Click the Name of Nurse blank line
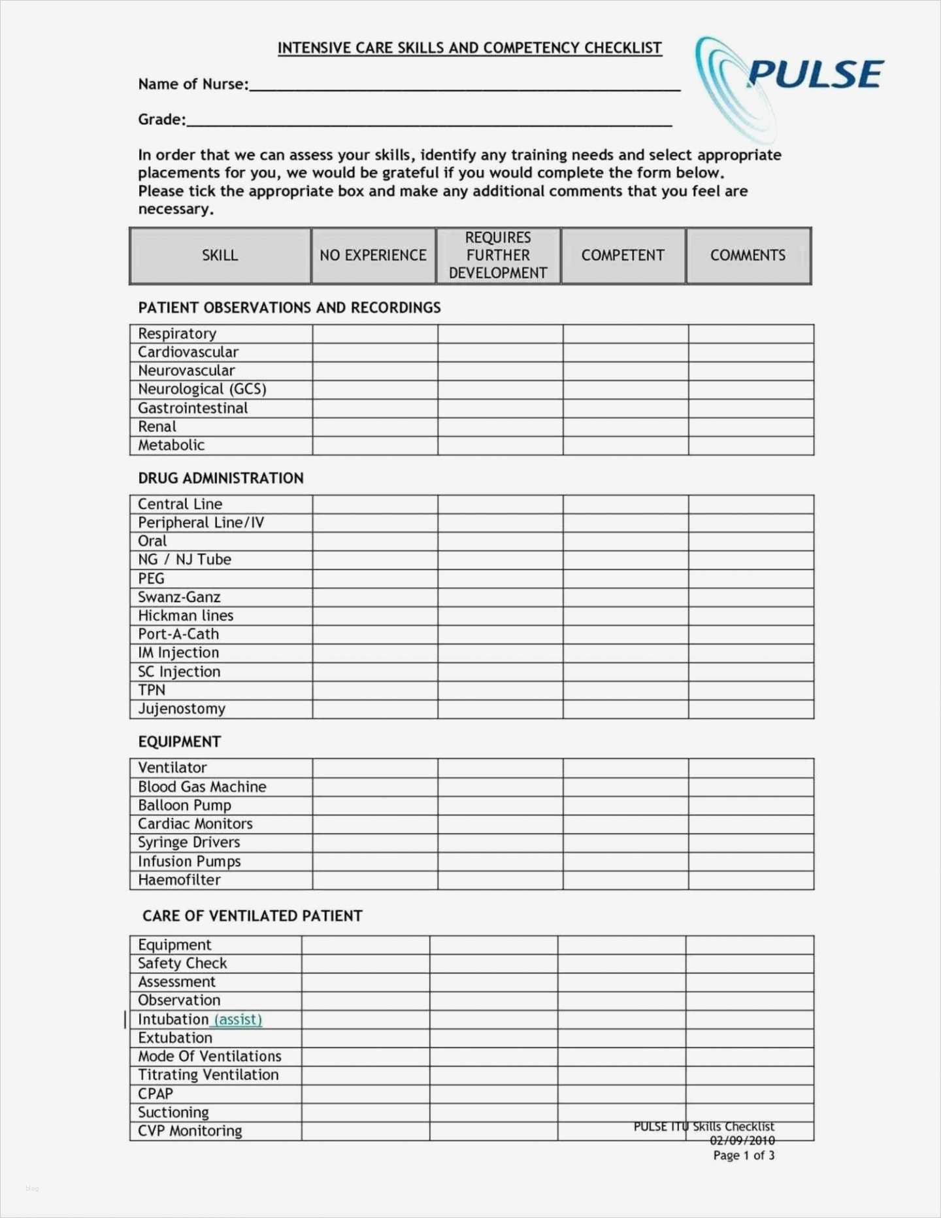click(x=464, y=86)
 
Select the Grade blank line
click(x=429, y=122)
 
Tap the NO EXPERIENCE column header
click(x=373, y=256)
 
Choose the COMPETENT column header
click(x=623, y=256)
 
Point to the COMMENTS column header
click(x=748, y=256)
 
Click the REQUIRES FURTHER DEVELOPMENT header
click(x=498, y=256)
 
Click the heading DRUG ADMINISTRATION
click(x=221, y=479)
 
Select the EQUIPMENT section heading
click(x=180, y=742)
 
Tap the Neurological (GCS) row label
click(x=202, y=390)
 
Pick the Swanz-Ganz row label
click(x=179, y=598)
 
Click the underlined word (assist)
click(x=238, y=1020)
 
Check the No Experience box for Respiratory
click(x=375, y=334)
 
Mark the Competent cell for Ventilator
click(x=625, y=768)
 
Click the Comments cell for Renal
click(x=751, y=427)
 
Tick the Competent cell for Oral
click(x=625, y=541)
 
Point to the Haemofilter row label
click(x=179, y=880)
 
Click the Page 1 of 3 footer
click(x=744, y=1156)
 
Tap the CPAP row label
click(x=156, y=1094)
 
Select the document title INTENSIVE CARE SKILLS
click(x=469, y=48)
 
